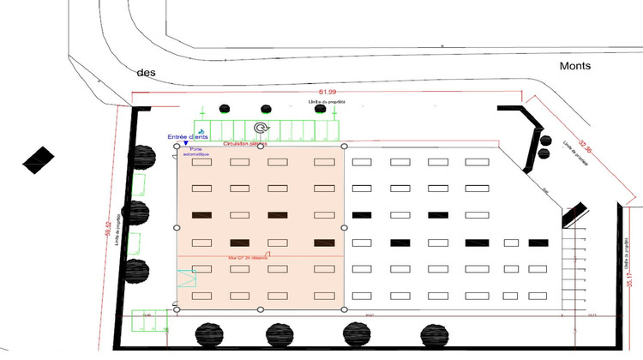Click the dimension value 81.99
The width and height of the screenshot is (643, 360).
[328, 93]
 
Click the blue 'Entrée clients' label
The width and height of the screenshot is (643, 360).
[189, 136]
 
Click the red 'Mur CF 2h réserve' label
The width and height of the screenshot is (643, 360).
[245, 256]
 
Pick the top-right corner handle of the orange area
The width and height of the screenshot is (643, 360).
[345, 147]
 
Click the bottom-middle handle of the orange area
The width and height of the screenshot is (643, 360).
[261, 309]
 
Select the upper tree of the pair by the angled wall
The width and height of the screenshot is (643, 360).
[544, 140]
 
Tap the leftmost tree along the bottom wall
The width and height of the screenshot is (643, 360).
[209, 333]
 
